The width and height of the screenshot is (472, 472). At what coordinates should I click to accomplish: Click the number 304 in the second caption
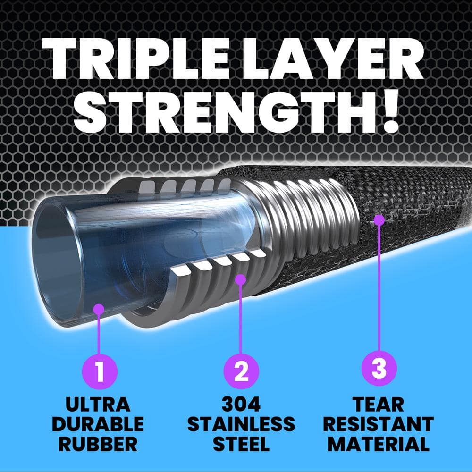pyautogui.click(x=241, y=404)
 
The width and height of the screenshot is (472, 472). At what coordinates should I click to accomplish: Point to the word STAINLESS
pyautogui.click(x=241, y=424)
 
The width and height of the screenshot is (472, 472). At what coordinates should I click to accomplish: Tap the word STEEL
pyautogui.click(x=241, y=444)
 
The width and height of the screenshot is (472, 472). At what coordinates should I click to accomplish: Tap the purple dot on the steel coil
pyautogui.click(x=241, y=279)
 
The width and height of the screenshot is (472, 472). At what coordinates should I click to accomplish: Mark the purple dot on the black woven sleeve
pyautogui.click(x=379, y=219)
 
